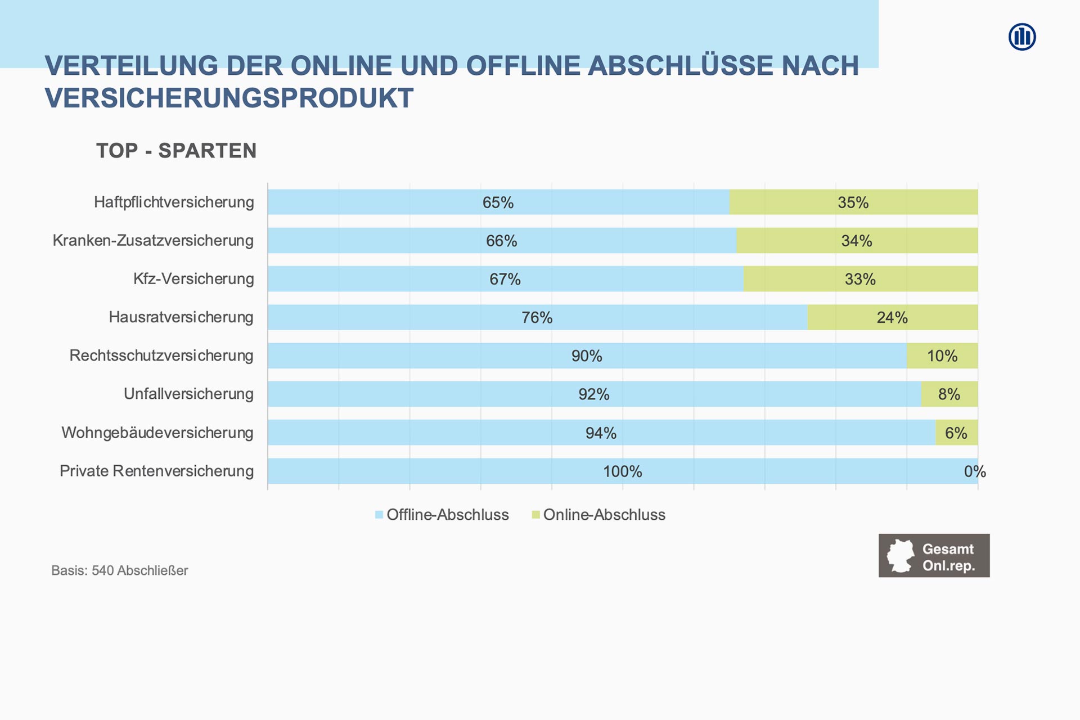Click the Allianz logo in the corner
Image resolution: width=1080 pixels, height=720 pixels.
pos(1022,37)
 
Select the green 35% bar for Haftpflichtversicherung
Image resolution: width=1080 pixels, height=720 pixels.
pos(853,202)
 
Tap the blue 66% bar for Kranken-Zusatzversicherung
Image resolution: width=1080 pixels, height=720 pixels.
pos(502,241)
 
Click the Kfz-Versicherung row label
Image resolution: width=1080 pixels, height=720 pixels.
pos(193,279)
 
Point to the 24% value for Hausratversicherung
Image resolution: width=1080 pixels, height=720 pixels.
pos(892,318)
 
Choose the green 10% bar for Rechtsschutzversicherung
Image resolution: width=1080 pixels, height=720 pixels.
pos(942,356)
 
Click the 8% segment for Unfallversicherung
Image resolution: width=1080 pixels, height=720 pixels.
pos(949,394)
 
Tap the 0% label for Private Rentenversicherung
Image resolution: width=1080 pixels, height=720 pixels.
pos(975,471)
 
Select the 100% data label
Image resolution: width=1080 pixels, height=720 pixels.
pos(623,471)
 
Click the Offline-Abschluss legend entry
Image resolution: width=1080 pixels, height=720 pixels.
pos(442,515)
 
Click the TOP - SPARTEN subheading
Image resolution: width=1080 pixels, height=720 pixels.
pos(176,151)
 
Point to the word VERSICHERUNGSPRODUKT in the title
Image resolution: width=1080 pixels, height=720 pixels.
pos(229,98)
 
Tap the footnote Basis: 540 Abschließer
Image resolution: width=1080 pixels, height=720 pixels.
pos(119,570)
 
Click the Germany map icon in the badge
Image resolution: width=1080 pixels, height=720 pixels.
pos(901,556)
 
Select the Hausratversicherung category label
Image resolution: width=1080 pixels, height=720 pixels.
pos(181,317)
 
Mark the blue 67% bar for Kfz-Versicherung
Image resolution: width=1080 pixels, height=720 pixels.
pos(505,279)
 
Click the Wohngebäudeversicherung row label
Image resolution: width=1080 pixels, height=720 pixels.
pos(157,433)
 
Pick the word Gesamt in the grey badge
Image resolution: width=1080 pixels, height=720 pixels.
pos(948,549)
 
